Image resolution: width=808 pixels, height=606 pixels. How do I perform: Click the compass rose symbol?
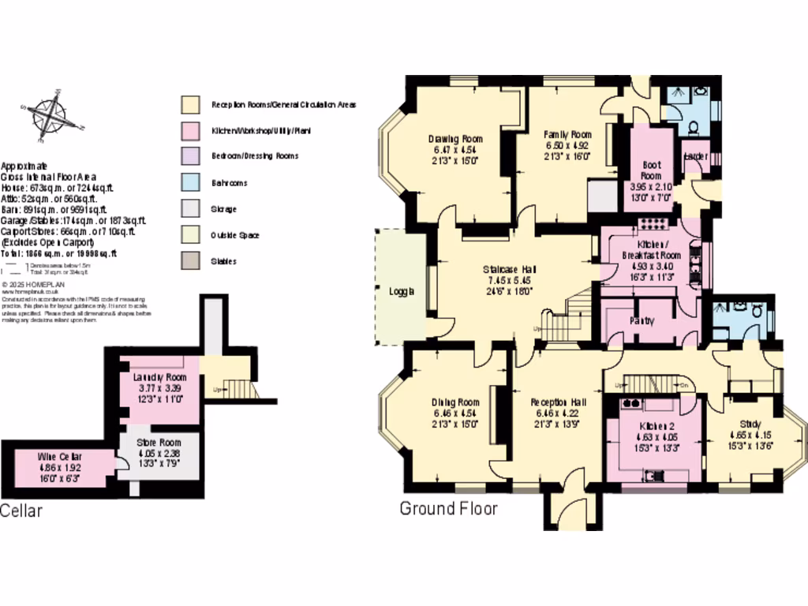[50, 116]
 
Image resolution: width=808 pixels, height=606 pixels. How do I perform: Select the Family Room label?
[567, 133]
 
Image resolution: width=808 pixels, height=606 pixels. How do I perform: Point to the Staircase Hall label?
[511, 270]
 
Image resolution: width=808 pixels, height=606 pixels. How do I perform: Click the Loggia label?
[402, 290]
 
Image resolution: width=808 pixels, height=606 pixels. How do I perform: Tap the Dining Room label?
[456, 402]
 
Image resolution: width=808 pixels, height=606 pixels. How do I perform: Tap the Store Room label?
[159, 443]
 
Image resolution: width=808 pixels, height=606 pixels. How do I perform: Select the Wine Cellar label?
[59, 456]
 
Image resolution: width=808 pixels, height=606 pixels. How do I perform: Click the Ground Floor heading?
[448, 509]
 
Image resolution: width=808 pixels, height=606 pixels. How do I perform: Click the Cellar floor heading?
[21, 511]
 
